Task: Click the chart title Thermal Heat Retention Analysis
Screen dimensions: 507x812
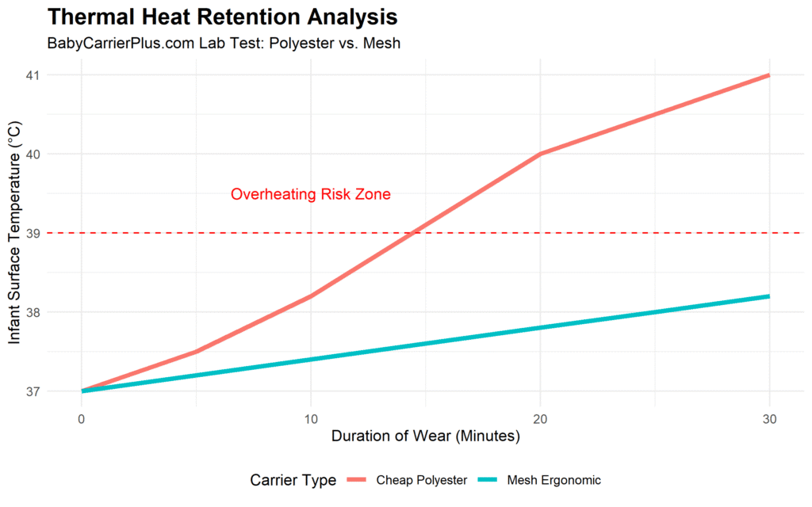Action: tap(223, 16)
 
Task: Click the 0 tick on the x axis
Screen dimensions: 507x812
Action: tap(82, 418)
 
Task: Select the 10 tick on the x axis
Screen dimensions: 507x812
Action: tap(311, 418)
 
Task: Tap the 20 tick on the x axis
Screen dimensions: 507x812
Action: tap(540, 418)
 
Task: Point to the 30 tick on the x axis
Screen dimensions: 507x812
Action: tap(769, 418)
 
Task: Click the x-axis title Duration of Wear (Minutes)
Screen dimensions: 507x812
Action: tap(425, 436)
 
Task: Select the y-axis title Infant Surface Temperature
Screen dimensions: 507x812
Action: tap(16, 233)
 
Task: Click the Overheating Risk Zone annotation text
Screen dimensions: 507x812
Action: tap(310, 194)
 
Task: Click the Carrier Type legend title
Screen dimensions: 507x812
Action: tap(293, 480)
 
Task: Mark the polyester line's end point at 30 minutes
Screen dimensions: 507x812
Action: tap(769, 75)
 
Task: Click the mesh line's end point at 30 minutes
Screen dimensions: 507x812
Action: tap(769, 296)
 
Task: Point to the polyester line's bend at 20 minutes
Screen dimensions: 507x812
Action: tap(540, 154)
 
